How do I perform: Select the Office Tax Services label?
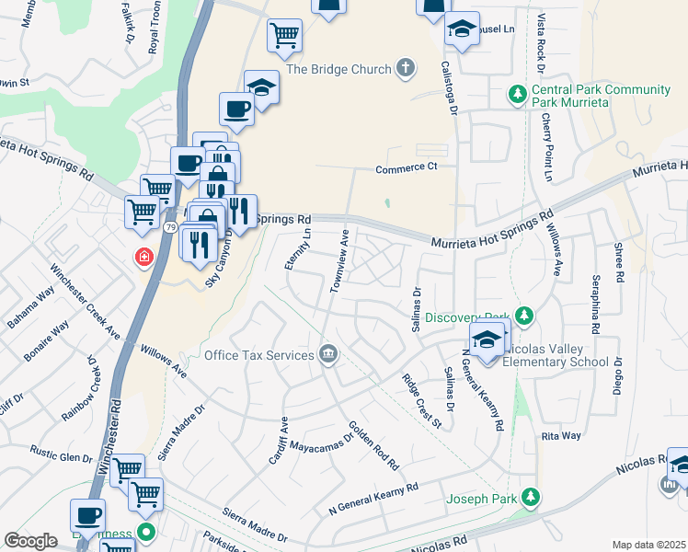258,355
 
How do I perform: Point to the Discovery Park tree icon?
524,316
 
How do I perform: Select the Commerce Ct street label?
406,168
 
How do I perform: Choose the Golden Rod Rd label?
373,443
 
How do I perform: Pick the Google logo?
30,541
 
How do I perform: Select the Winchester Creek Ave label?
86,301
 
